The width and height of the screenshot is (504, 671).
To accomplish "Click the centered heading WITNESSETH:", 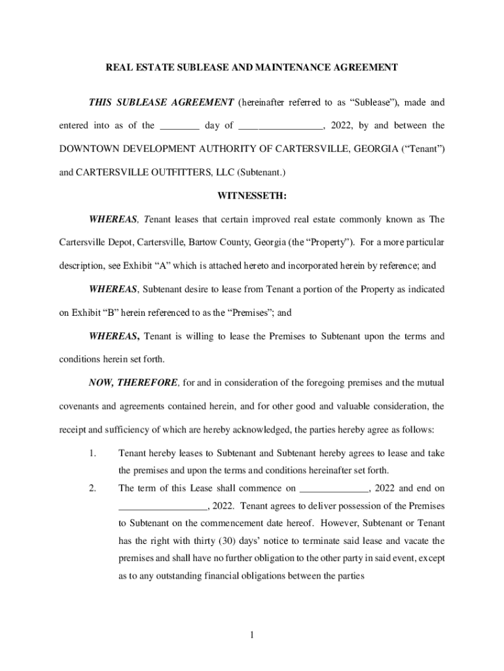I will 251,195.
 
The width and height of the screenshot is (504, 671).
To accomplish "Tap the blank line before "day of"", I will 179,126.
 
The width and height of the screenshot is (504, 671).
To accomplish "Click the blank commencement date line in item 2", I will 334,489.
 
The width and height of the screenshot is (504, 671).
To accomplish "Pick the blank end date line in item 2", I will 162,506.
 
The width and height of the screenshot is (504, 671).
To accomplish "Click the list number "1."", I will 93,453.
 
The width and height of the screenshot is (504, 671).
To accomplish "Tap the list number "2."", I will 93,488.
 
